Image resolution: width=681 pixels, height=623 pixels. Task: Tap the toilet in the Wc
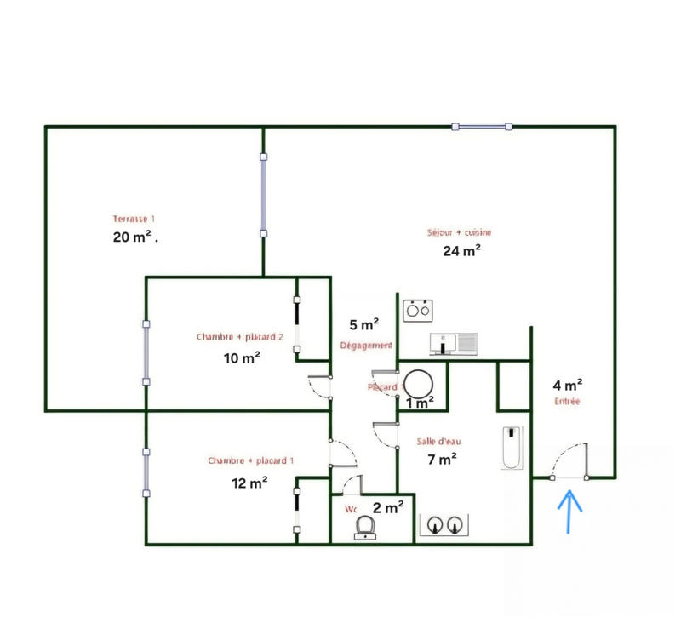coord(366,528)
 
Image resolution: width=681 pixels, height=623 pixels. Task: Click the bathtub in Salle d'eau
coord(512,447)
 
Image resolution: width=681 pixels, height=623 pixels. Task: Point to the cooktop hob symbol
coord(416,310)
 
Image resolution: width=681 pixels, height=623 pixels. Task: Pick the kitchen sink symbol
coord(455,343)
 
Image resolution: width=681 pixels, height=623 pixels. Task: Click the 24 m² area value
coord(461,250)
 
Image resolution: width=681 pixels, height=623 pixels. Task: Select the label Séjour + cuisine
coord(460,232)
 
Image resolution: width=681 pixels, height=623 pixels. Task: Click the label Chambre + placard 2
coord(240,337)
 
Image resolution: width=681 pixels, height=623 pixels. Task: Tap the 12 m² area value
coord(251,483)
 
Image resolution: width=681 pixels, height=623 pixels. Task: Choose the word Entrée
coord(566,402)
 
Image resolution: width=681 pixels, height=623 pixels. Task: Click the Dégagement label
coord(366,346)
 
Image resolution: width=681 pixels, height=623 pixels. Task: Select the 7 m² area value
coord(442,459)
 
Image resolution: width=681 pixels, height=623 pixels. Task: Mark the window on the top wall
coord(482,127)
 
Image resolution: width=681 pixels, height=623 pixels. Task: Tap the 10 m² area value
coord(242,357)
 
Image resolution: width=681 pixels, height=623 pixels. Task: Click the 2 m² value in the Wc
coord(388,508)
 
